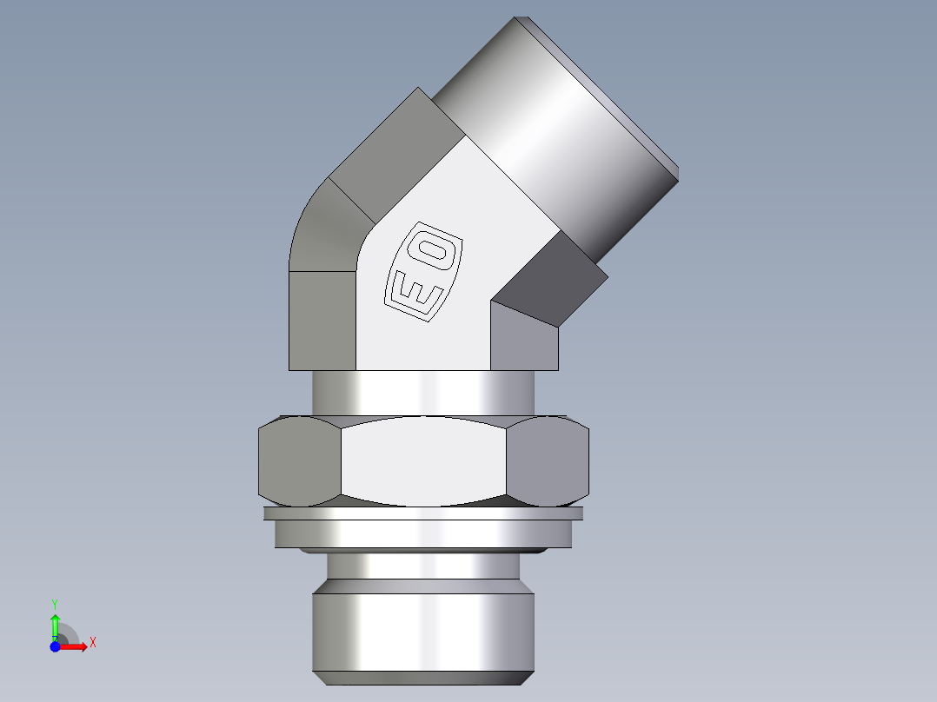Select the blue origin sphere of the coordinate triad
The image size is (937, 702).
tap(55, 646)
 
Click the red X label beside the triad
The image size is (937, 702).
tap(92, 643)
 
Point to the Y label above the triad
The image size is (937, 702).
tap(54, 603)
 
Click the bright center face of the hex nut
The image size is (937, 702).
tap(423, 460)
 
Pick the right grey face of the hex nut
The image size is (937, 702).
tap(548, 460)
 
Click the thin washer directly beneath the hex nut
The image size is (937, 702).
tap(423, 513)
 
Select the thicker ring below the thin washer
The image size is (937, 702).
tap(423, 533)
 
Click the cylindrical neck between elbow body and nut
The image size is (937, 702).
tap(423, 393)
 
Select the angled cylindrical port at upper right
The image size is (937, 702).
tap(556, 130)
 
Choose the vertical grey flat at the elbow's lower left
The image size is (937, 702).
tap(322, 320)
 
